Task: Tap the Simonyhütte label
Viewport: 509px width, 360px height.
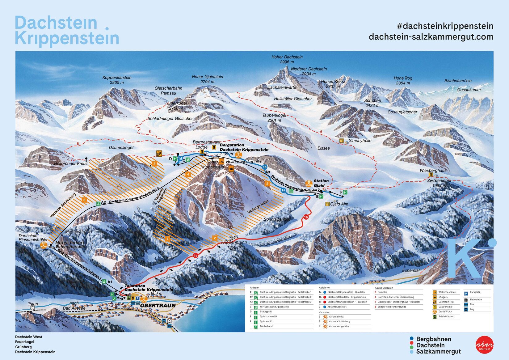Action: [x=360, y=141]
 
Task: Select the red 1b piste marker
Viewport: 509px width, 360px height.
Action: [x=306, y=217]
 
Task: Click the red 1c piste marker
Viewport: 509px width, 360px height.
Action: [x=195, y=256]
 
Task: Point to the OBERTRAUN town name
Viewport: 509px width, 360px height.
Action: [x=158, y=305]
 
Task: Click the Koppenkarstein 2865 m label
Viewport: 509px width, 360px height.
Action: [x=117, y=80]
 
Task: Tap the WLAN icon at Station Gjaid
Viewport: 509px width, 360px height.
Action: [x=309, y=183]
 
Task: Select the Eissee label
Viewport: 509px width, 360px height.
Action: [x=323, y=148]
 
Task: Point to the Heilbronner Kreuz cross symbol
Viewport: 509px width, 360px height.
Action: [x=86, y=159]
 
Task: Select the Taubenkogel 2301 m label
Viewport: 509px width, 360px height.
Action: [x=274, y=117]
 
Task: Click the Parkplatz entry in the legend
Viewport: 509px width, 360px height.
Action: [x=475, y=292]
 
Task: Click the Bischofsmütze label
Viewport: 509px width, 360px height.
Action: [x=458, y=81]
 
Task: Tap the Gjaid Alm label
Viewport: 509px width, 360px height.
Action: [x=339, y=204]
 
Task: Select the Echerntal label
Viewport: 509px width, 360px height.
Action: [x=410, y=270]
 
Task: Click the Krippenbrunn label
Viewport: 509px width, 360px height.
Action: [x=234, y=243]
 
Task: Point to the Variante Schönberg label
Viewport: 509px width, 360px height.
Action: [x=62, y=205]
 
